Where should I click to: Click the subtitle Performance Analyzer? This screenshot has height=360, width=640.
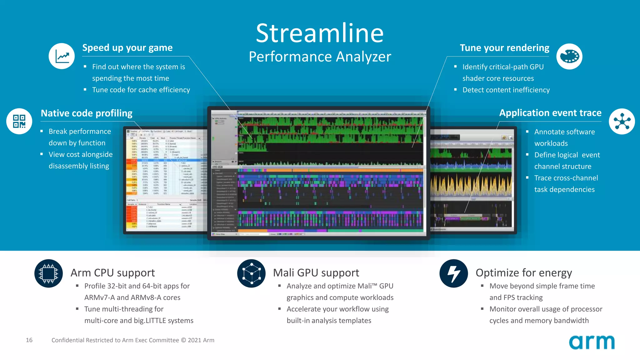tap(320, 57)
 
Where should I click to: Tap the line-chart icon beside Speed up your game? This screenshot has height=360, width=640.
tap(62, 56)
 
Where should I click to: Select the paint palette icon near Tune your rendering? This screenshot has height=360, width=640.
tap(569, 57)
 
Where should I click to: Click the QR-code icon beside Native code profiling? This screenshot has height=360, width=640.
tap(19, 121)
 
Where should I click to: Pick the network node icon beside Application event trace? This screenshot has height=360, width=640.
tap(622, 121)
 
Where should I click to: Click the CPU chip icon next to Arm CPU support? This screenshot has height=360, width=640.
tap(48, 273)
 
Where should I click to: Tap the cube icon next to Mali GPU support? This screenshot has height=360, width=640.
tap(251, 273)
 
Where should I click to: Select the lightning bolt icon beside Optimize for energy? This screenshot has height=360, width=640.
tap(453, 273)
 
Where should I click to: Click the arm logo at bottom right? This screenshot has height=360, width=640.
tap(592, 342)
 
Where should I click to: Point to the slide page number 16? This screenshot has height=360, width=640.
tap(29, 340)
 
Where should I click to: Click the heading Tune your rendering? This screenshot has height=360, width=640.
tap(504, 48)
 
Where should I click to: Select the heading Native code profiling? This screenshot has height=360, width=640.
tap(87, 113)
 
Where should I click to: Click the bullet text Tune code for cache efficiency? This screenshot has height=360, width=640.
tap(141, 90)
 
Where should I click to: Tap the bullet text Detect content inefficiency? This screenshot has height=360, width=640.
tap(506, 90)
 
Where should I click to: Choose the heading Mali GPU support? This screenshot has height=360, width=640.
tap(316, 273)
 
